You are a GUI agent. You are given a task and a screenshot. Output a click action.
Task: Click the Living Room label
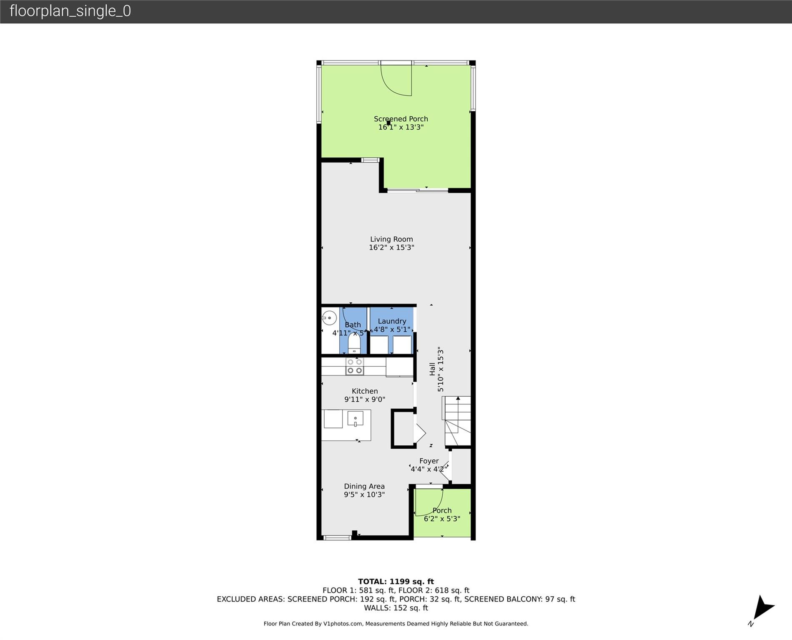point(391,239)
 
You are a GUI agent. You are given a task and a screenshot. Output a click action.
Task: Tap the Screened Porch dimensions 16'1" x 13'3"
point(401,127)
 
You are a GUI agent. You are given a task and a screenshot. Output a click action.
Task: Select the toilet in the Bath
point(354,344)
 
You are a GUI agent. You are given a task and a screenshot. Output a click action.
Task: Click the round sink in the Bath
point(330,318)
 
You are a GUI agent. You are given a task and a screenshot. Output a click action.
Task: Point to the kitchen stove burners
point(355,366)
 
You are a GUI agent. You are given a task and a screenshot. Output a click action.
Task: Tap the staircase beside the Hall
point(457,421)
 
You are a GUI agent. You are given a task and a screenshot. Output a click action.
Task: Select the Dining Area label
point(364,486)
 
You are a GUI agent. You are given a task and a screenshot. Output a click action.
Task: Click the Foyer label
point(429,461)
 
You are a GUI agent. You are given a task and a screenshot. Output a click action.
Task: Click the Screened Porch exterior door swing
point(396,81)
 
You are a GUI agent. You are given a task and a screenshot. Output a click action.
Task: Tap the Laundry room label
point(392,321)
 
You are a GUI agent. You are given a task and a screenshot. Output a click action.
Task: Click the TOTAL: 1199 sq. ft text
point(396,582)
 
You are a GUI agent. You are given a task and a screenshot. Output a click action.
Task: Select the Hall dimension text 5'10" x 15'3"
point(441,369)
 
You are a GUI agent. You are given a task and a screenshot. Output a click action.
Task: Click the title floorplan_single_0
point(70,11)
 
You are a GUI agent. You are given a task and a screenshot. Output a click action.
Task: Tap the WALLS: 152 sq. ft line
point(396,608)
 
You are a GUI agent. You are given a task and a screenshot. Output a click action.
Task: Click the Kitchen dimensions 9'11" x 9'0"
point(364,400)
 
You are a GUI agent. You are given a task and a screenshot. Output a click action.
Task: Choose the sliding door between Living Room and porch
point(418,191)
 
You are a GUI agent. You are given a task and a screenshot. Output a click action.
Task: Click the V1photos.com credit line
point(396,624)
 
